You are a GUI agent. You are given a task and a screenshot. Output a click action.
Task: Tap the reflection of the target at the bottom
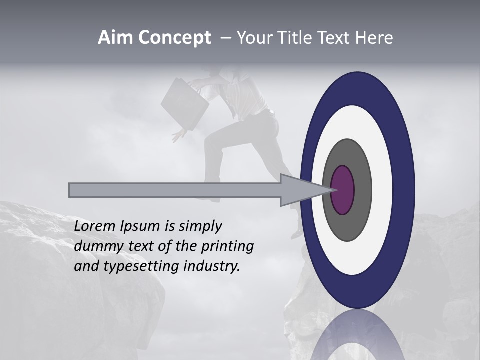coord(358,337)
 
